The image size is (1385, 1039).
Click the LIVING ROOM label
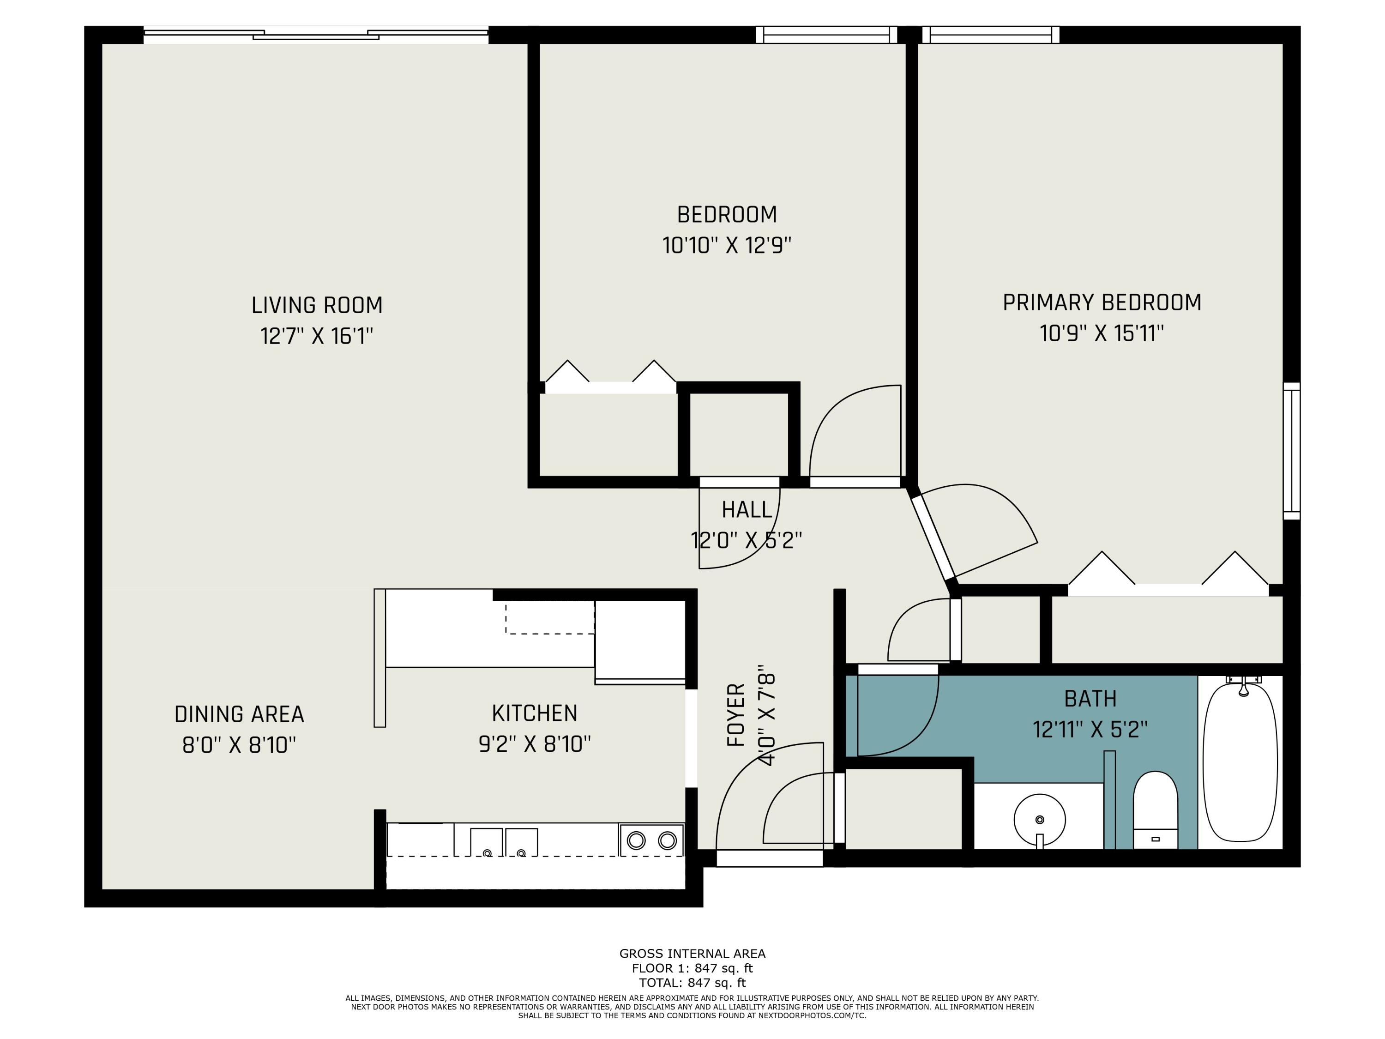coord(317,306)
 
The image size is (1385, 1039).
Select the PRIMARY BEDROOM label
coord(1102,303)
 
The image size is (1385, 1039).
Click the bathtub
coord(1240,763)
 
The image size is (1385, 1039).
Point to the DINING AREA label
coord(239,714)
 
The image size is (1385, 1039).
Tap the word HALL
coord(747,510)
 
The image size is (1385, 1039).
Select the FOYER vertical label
coord(736,715)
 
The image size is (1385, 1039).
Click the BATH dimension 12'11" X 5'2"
coord(1090,730)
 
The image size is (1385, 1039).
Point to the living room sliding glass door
coord(316,35)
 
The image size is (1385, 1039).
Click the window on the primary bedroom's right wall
coord(1291,451)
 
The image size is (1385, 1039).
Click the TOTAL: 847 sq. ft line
coord(692,983)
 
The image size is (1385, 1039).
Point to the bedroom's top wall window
coord(826,35)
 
